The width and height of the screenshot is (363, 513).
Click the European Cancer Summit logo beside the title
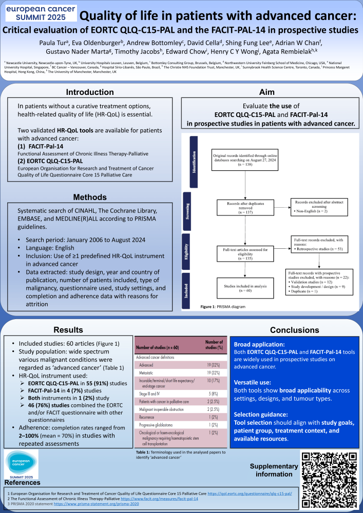[x=40, y=13]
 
